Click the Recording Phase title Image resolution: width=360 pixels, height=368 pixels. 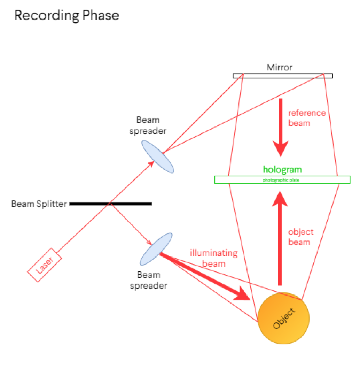(66, 16)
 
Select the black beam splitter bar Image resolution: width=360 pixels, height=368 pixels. (110, 203)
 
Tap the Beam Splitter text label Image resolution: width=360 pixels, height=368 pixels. (39, 204)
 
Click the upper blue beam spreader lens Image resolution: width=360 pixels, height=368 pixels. (157, 157)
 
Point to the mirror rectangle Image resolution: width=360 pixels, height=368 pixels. (282, 76)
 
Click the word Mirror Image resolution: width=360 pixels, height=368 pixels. (279, 67)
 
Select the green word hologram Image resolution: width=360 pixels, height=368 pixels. (282, 170)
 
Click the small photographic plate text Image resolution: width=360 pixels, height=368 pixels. (282, 180)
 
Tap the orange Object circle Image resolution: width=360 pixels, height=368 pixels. (283, 318)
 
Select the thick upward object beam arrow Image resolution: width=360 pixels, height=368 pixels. (279, 237)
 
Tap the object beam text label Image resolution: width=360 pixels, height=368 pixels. (301, 237)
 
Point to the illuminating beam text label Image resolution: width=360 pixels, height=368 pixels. (213, 258)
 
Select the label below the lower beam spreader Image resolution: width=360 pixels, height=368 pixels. (148, 281)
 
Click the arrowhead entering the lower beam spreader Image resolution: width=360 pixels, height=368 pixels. (149, 243)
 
